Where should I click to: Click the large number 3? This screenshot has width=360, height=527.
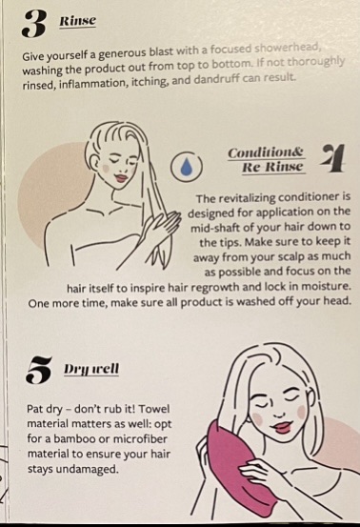pyautogui.click(x=33, y=23)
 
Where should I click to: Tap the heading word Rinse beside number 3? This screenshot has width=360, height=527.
pyautogui.click(x=77, y=21)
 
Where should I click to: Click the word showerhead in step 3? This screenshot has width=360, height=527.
pyautogui.click(x=289, y=49)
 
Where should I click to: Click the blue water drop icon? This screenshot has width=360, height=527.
pyautogui.click(x=187, y=166)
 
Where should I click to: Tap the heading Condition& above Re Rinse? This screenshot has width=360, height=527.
pyautogui.click(x=266, y=152)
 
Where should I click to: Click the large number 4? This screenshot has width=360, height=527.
pyautogui.click(x=332, y=158)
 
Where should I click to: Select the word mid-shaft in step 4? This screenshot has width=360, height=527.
pyautogui.click(x=215, y=228)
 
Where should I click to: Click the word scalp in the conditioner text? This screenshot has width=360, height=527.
pyautogui.click(x=284, y=257)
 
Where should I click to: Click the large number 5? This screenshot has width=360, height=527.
pyautogui.click(x=39, y=370)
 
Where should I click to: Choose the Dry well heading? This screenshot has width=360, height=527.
pyautogui.click(x=91, y=369)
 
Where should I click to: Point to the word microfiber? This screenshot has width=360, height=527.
pyautogui.click(x=145, y=439)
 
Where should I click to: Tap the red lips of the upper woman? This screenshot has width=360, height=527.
pyautogui.click(x=121, y=177)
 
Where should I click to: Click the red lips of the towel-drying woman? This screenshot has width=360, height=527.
pyautogui.click(x=282, y=427)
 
